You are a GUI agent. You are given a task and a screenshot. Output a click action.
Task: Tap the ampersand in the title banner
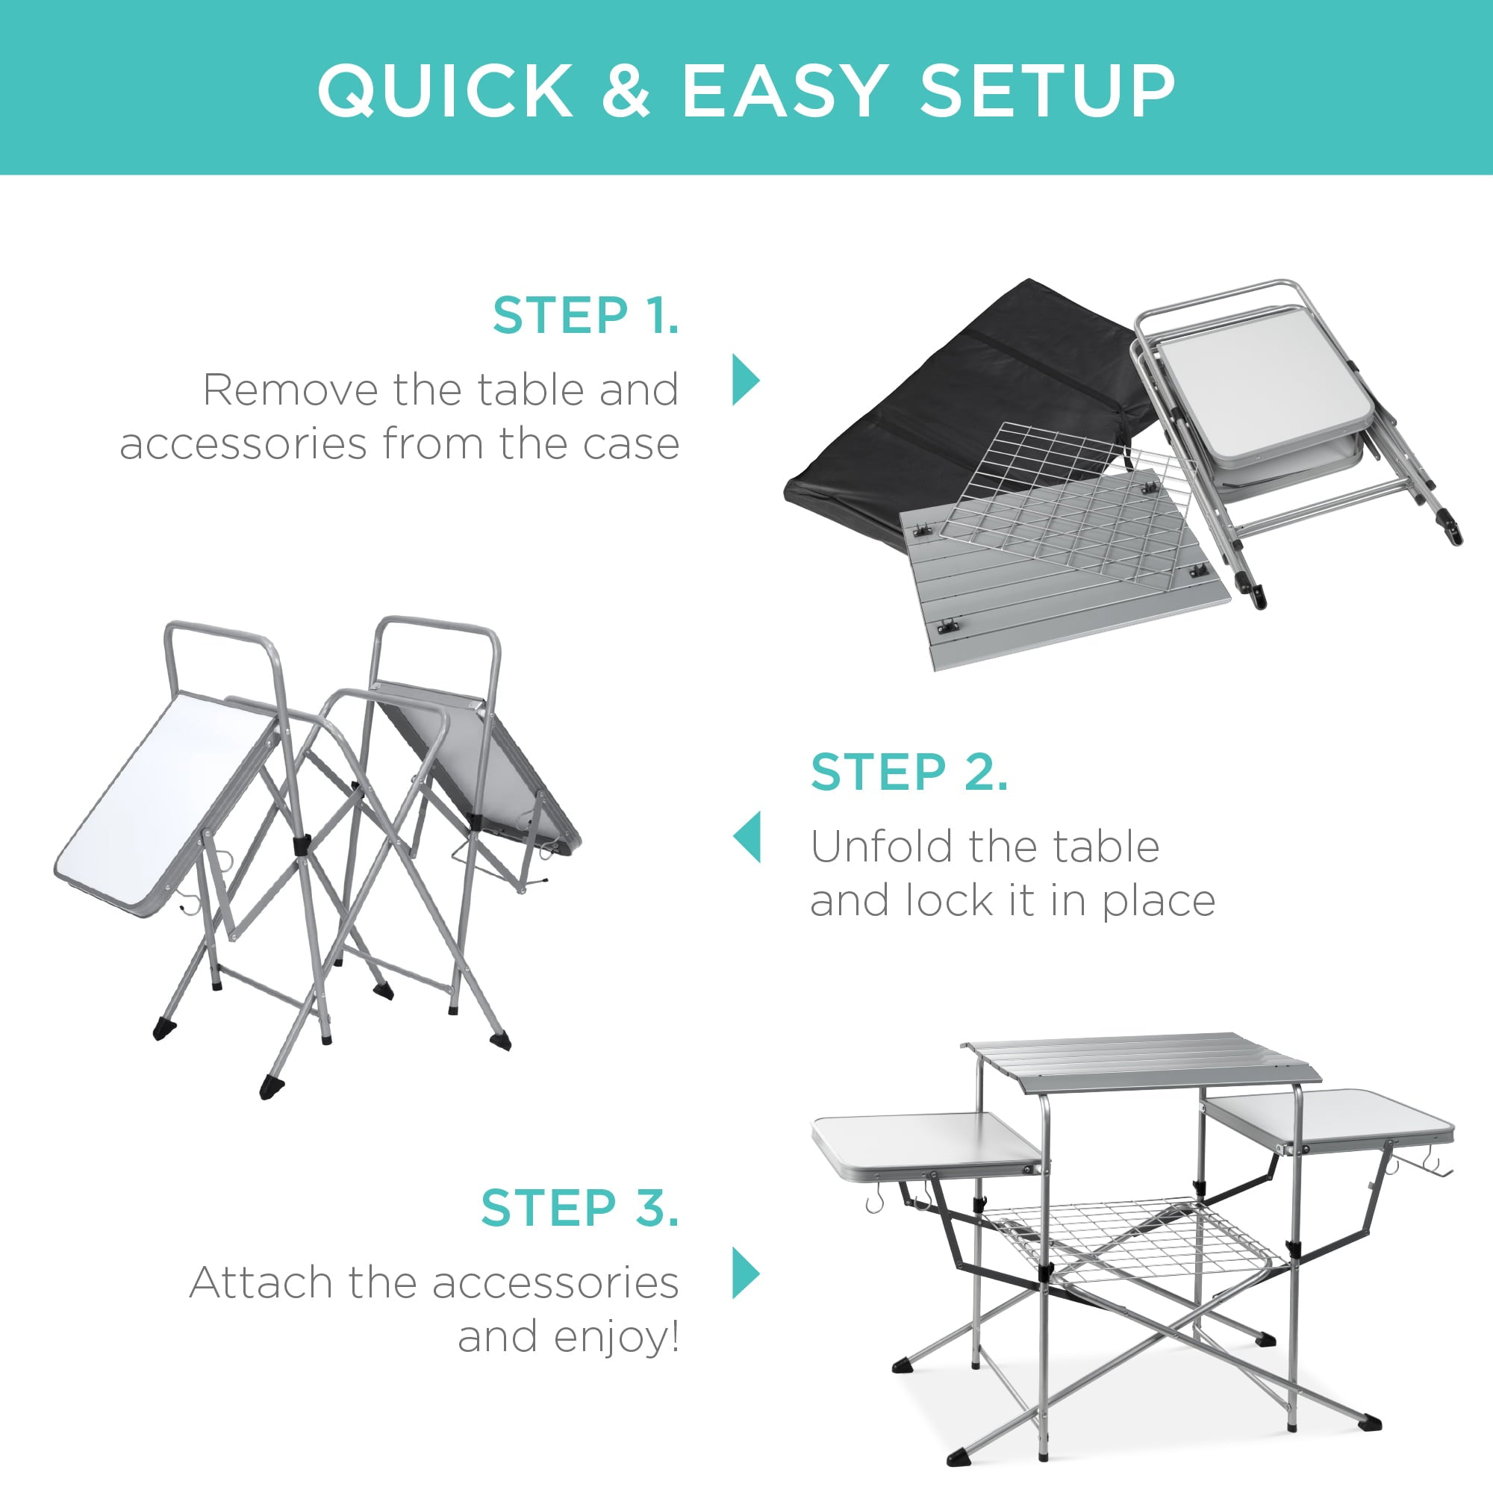click(626, 90)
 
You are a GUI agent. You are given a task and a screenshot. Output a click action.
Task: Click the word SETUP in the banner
click(1047, 90)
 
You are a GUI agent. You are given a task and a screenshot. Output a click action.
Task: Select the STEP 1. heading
click(586, 316)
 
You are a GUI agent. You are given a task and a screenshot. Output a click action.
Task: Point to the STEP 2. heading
click(908, 772)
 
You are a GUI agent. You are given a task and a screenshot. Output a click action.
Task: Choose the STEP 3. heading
click(579, 1208)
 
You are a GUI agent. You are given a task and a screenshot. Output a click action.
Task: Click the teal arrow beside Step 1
click(746, 380)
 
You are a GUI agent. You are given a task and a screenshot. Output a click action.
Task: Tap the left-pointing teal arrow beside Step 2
click(747, 837)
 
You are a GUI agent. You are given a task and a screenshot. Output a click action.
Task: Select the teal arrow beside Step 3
click(746, 1273)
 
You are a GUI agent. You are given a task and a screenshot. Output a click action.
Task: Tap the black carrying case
click(950, 417)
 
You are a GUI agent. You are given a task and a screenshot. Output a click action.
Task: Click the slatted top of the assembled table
click(1136, 1060)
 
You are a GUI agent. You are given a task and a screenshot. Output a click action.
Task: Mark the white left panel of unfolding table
click(166, 804)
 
